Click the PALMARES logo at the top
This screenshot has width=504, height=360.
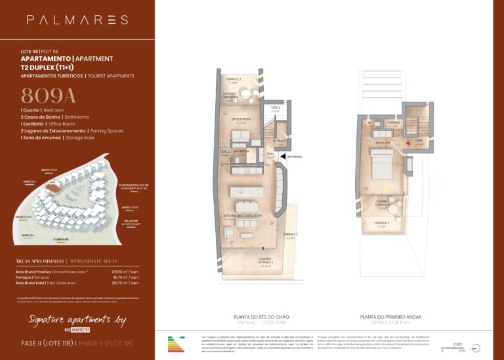[77, 20]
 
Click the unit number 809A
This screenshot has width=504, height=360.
[49, 96]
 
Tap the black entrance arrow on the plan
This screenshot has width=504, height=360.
[282, 157]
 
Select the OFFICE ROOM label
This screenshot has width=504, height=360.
[241, 119]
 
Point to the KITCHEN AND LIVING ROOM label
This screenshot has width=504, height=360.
[243, 216]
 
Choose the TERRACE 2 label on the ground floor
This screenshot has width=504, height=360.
[235, 79]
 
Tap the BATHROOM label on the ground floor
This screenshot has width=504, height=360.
[241, 151]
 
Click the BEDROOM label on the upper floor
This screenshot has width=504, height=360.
[383, 142]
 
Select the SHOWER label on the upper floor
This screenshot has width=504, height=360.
[394, 122]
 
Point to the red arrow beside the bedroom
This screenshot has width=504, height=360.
[407, 142]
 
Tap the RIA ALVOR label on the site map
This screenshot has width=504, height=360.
[132, 222]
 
